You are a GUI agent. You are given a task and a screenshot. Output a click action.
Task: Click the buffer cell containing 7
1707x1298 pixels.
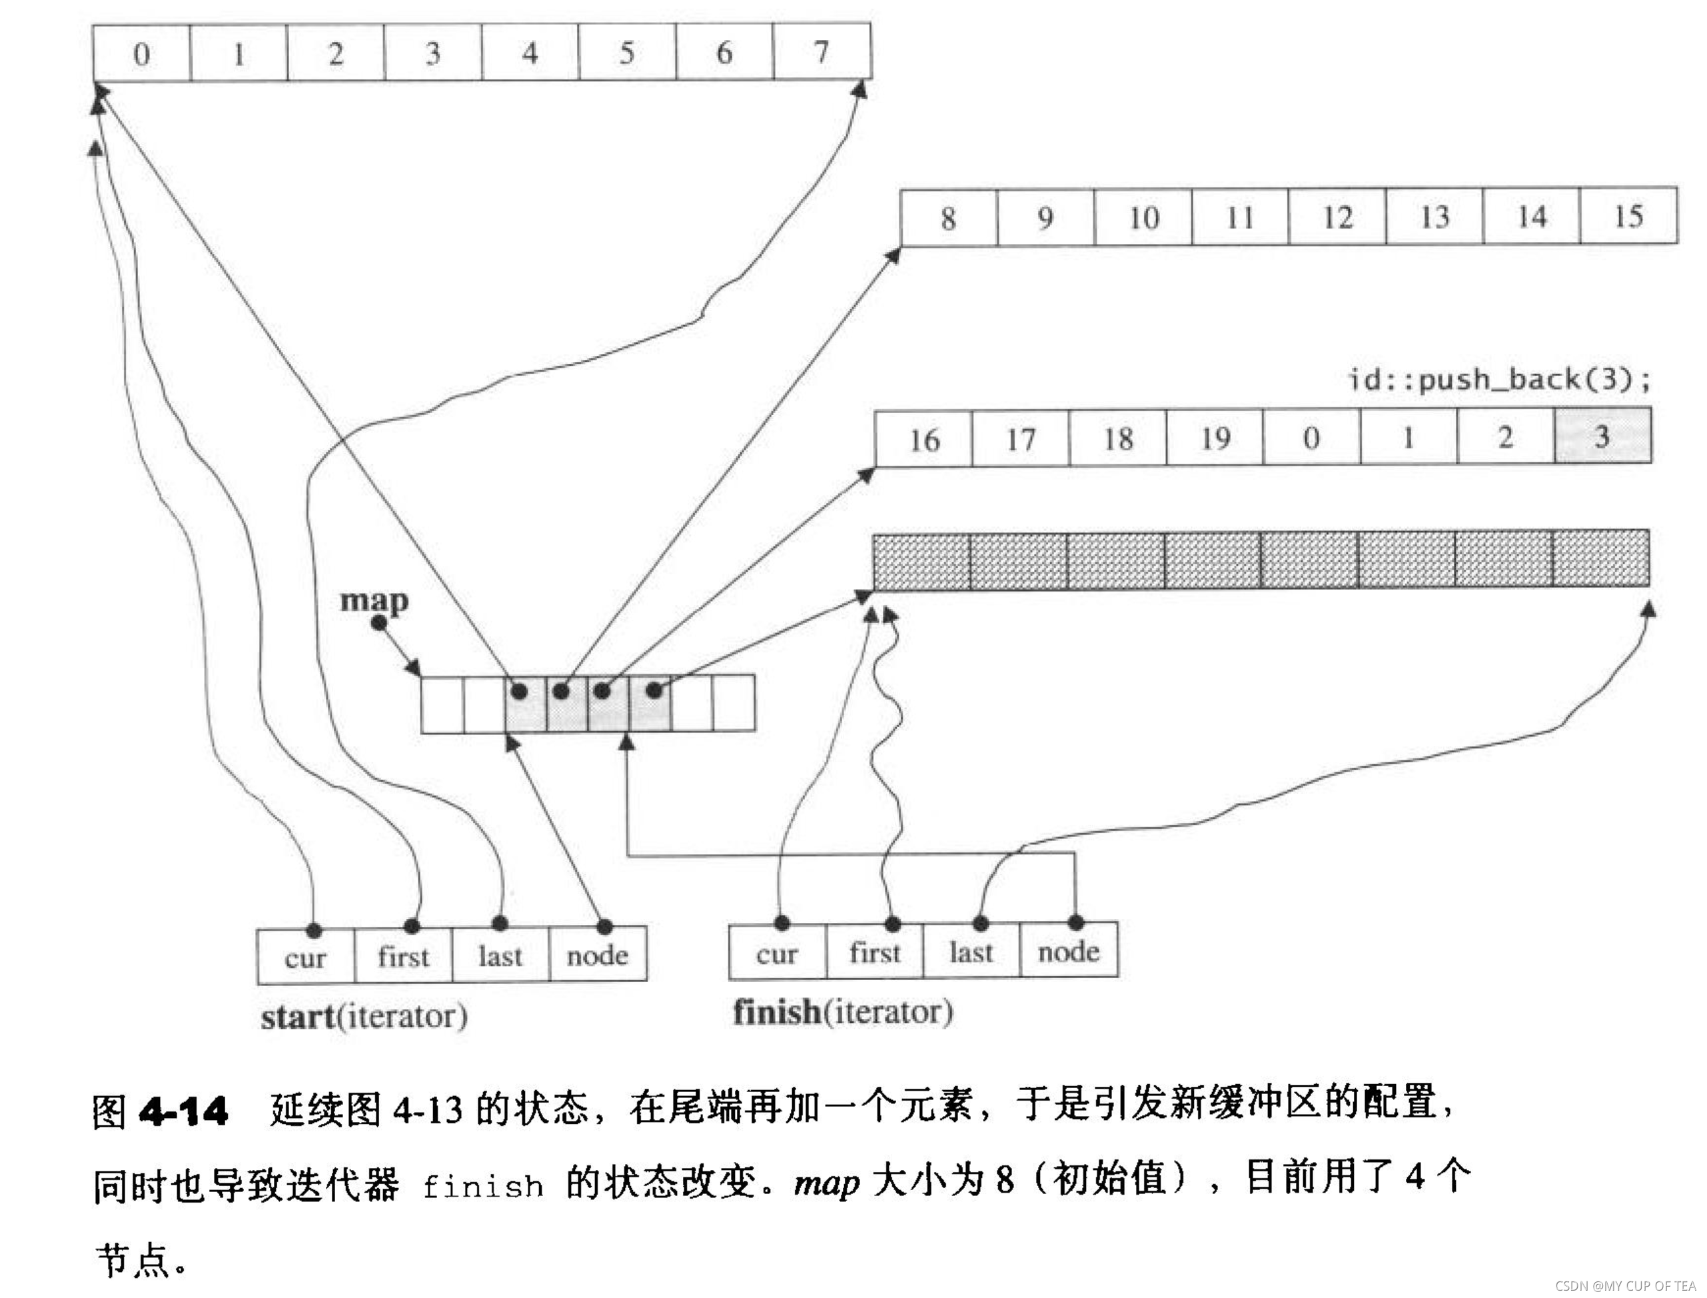821,53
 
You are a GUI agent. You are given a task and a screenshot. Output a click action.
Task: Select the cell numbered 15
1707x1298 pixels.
1628,217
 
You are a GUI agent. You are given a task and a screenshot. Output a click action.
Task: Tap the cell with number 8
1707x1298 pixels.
949,219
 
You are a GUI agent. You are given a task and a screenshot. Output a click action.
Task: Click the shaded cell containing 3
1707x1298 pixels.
1602,437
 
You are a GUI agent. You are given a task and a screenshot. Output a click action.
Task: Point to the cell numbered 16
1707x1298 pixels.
923,440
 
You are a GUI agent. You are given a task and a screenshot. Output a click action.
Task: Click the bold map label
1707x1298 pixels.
374,601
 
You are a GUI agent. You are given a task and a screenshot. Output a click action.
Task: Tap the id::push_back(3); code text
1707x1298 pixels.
1498,379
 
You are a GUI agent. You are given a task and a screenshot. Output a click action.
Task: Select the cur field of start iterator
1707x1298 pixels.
306,958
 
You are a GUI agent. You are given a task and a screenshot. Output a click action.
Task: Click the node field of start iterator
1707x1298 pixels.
597,956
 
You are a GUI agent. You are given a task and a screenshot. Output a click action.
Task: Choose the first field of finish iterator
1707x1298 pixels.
875,953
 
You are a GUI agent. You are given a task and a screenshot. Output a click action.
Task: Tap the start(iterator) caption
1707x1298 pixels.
364,1017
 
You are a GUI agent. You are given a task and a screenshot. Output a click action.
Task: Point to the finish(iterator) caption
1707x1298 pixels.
843,1012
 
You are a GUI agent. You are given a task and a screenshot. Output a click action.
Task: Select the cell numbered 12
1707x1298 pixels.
1338,218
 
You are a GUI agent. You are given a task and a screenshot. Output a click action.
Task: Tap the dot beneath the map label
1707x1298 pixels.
379,623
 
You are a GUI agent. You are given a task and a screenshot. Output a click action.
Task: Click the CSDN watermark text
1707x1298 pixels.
1625,1285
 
